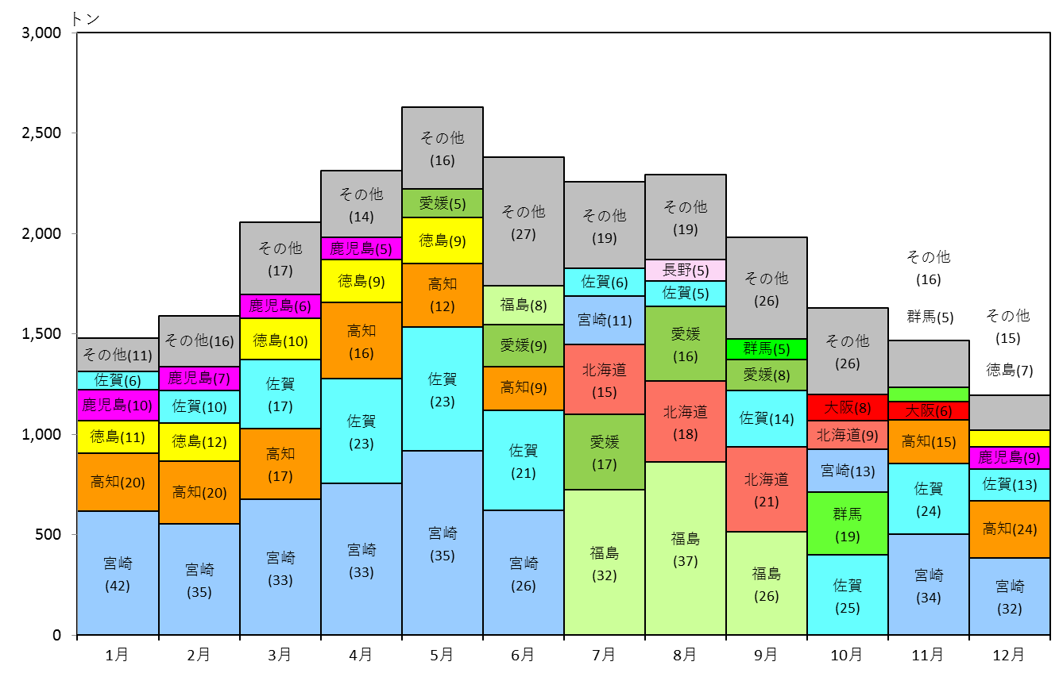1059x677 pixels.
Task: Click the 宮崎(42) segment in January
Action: [118, 572]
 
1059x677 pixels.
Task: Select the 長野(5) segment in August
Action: [686, 270]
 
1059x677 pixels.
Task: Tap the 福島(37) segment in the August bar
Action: [686, 548]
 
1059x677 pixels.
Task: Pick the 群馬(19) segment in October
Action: [848, 524]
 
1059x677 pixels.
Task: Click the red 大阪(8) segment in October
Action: [848, 407]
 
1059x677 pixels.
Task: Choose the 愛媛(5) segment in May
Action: [443, 203]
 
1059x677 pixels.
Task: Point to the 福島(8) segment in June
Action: [524, 305]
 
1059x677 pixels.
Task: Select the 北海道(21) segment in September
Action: [767, 490]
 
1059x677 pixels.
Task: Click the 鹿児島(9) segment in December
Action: [1010, 458]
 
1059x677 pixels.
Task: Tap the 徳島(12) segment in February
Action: [199, 442]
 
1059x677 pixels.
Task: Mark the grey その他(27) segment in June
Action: [524, 221]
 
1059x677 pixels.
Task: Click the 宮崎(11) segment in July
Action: [605, 321]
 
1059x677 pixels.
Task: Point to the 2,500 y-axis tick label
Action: [41, 133]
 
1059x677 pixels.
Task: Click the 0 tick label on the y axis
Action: [56, 635]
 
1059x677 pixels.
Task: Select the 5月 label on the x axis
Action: [442, 655]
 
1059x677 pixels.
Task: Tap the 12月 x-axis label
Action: [1008, 655]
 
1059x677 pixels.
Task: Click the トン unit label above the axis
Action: [86, 19]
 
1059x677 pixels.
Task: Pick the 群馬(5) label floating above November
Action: [930, 317]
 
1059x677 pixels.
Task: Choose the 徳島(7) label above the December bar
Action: [1010, 370]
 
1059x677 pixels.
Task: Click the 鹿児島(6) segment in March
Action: [280, 306]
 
